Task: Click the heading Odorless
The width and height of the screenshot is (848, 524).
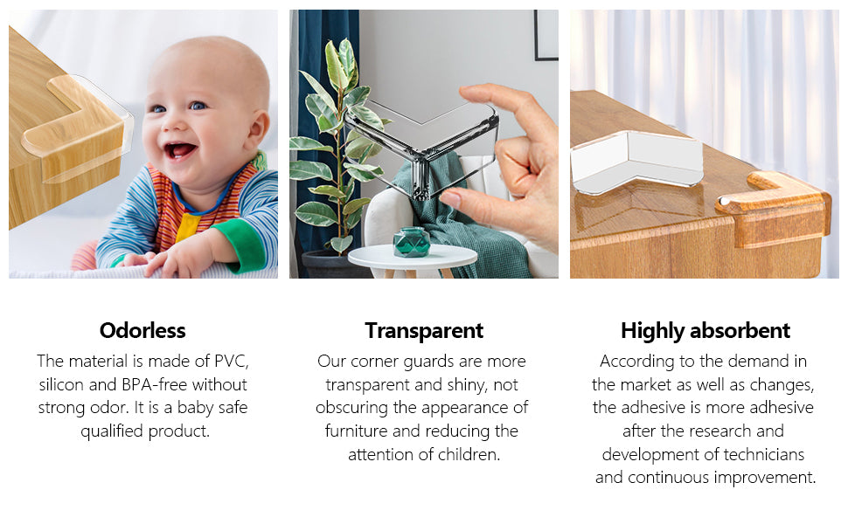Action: click(142, 330)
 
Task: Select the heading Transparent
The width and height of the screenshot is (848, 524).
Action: click(424, 331)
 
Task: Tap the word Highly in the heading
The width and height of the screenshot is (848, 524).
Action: click(651, 331)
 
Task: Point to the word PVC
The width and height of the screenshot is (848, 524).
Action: click(232, 361)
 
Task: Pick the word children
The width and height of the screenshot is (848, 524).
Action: click(469, 455)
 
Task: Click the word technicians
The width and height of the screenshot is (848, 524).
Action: click(763, 455)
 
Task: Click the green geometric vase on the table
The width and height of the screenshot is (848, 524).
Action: click(412, 241)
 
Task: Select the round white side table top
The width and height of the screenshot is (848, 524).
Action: click(412, 256)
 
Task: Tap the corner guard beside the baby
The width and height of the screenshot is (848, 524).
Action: click(77, 133)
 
